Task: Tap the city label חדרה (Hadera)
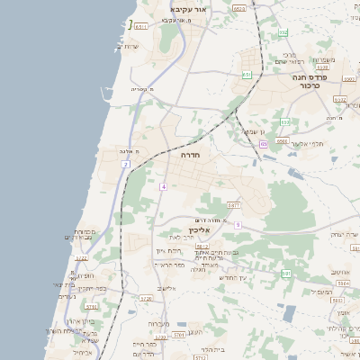(190, 155)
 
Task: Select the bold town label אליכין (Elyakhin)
(202, 230)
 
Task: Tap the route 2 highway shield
(126, 165)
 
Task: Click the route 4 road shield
(164, 186)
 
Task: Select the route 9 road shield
(238, 224)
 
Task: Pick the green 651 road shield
(247, 75)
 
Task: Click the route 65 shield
(263, 144)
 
